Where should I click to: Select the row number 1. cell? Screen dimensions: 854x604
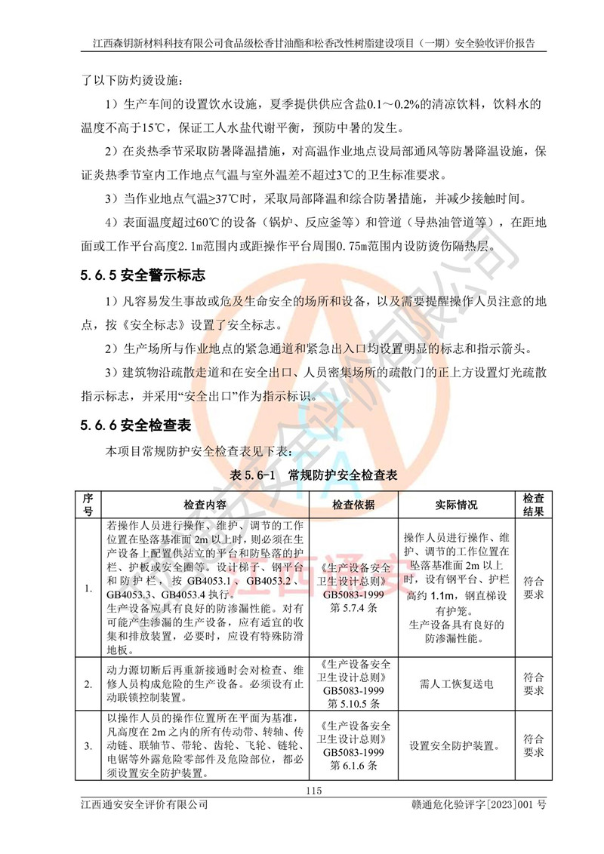pos(88,588)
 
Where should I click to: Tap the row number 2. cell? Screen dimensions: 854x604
pos(88,684)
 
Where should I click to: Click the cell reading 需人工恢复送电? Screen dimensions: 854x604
pos(456,684)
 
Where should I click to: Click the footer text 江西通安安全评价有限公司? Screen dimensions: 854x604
pos(144,806)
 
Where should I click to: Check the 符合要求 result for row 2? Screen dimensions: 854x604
pos(533,684)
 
